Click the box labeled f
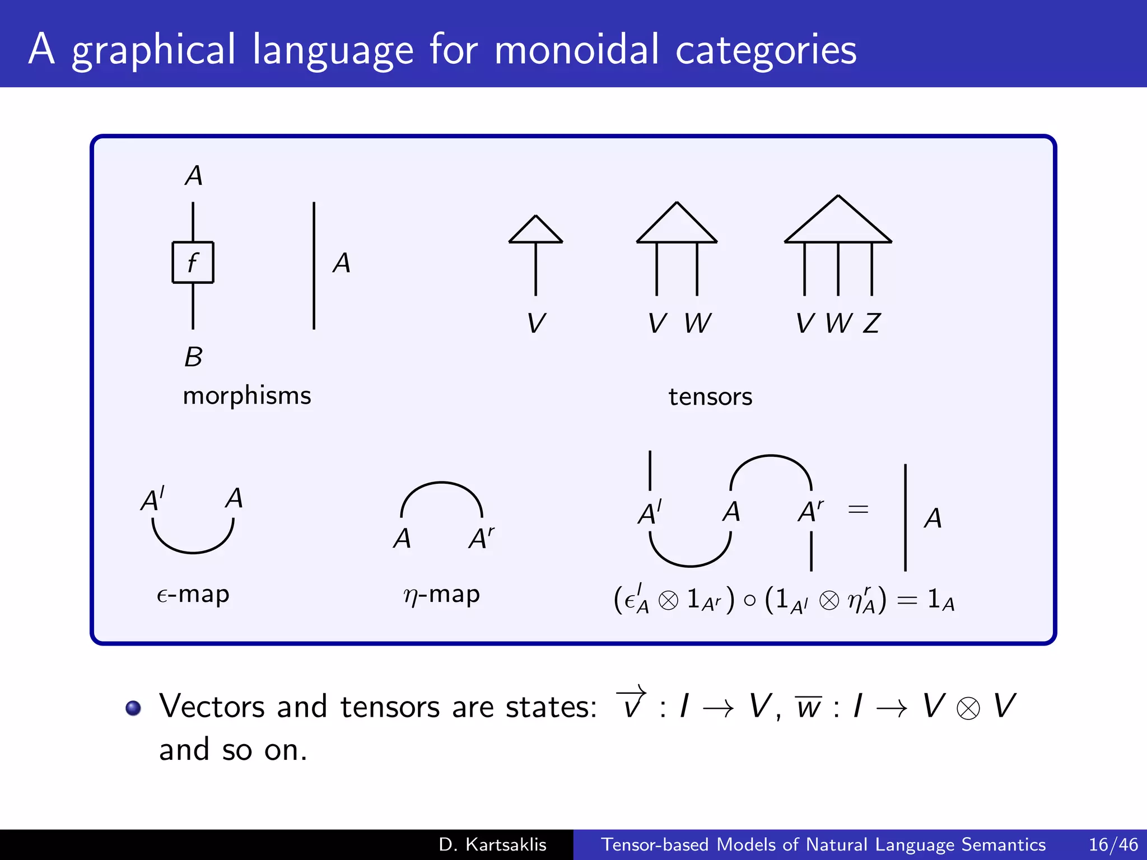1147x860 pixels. [193, 262]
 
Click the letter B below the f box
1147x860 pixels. [193, 357]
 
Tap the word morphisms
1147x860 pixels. [246, 396]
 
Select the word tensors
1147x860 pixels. [710, 397]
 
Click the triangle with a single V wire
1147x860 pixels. [535, 231]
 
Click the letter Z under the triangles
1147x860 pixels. [871, 324]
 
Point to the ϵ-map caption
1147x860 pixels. [193, 595]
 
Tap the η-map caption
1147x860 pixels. [441, 595]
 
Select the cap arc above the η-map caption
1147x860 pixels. [441, 487]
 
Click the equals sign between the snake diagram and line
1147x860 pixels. [858, 510]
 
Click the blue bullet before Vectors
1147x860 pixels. [133, 708]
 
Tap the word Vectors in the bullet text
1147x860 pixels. [211, 707]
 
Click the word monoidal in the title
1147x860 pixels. [577, 49]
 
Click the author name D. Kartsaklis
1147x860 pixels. [492, 844]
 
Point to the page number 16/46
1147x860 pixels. [1113, 844]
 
